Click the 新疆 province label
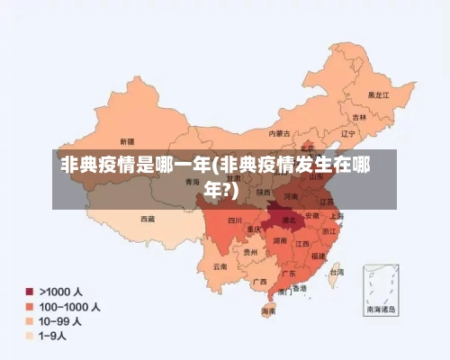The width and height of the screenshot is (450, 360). [125, 142]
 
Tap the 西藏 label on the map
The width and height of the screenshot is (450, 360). [148, 218]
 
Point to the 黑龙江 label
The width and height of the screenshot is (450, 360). [377, 94]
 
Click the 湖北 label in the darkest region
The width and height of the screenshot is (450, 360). [289, 219]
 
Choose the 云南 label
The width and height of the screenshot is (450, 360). [220, 266]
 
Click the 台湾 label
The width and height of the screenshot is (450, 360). [336, 271]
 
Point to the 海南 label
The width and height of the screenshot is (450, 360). [268, 311]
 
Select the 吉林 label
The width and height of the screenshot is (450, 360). [359, 117]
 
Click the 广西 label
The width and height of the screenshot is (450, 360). [259, 282]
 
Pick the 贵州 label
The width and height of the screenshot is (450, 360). [250, 253]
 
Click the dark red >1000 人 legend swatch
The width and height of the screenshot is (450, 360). [29, 292]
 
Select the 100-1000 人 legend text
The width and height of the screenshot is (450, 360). [69, 306]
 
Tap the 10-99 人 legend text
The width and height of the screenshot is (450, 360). [60, 320]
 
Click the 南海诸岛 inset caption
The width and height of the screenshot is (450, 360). [385, 309]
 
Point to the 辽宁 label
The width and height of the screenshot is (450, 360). [349, 133]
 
